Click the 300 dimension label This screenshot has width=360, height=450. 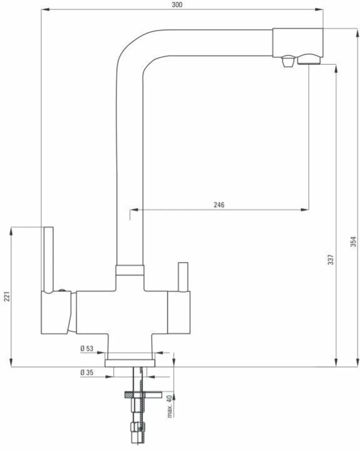pyautogui.click(x=177, y=5)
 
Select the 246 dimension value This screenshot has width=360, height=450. pyautogui.click(x=219, y=205)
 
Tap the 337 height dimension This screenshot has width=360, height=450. pyautogui.click(x=330, y=260)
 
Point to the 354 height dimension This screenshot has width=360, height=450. pyautogui.click(x=353, y=241)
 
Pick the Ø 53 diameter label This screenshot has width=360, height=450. pyautogui.click(x=87, y=348)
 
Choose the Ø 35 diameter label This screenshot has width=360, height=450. pyautogui.click(x=87, y=372)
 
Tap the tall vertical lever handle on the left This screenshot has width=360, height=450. pyautogui.click(x=49, y=258)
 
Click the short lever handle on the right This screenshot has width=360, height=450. pyautogui.click(x=183, y=277)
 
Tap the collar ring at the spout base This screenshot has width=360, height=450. pyautogui.click(x=130, y=270)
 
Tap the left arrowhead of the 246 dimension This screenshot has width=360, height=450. pyautogui.click(x=132, y=209)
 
